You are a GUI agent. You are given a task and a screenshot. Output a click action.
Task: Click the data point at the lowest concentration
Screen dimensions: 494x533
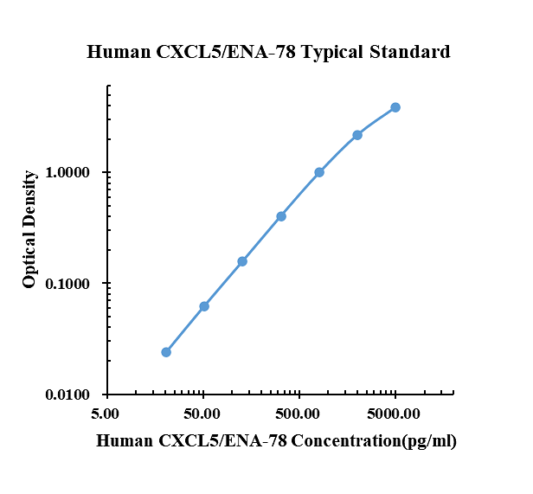[x=166, y=352]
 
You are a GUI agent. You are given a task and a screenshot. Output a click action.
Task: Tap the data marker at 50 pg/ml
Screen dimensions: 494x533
[x=204, y=306]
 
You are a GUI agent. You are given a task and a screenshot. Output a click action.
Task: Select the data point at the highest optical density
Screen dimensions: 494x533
[x=395, y=107]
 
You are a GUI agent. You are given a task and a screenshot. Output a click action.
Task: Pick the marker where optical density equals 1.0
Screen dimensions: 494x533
[x=319, y=172]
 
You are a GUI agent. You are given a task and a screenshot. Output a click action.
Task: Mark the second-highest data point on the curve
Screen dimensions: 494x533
[x=357, y=135]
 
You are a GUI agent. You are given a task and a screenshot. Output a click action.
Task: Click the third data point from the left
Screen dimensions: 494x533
[x=242, y=261]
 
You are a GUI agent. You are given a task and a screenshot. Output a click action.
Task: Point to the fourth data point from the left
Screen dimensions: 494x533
[x=281, y=216]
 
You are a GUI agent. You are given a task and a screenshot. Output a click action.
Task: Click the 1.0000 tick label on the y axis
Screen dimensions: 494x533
[x=67, y=173]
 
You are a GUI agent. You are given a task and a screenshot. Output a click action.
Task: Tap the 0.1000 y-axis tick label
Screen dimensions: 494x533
[x=67, y=284]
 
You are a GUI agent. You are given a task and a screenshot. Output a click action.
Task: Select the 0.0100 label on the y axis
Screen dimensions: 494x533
[x=67, y=395]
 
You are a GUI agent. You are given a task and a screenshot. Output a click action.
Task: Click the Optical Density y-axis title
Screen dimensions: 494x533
[x=30, y=229]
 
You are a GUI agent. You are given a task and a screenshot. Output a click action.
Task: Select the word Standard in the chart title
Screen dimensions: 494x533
[x=412, y=52]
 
